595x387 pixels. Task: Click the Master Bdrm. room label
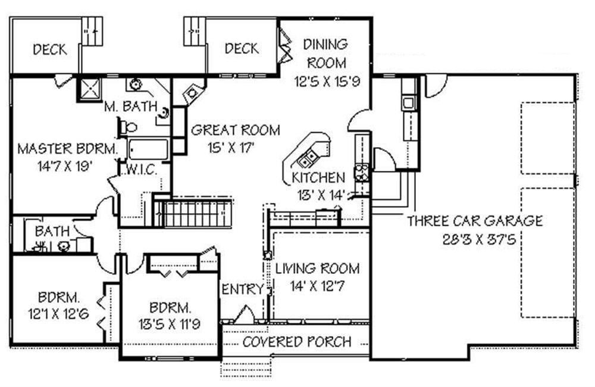click(64, 148)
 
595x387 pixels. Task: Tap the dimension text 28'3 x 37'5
click(474, 241)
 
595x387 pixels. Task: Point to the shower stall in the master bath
click(90, 89)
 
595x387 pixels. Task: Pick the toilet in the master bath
click(128, 126)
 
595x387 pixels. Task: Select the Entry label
click(242, 289)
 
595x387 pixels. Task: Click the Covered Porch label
click(296, 342)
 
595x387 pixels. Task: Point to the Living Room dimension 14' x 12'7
click(317, 286)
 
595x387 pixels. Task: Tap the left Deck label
click(49, 49)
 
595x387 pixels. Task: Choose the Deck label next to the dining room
click(242, 48)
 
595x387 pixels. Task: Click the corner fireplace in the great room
click(192, 93)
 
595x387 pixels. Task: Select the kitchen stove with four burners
click(361, 172)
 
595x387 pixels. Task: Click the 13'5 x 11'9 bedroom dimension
click(170, 324)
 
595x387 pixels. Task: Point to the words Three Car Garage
click(474, 221)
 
